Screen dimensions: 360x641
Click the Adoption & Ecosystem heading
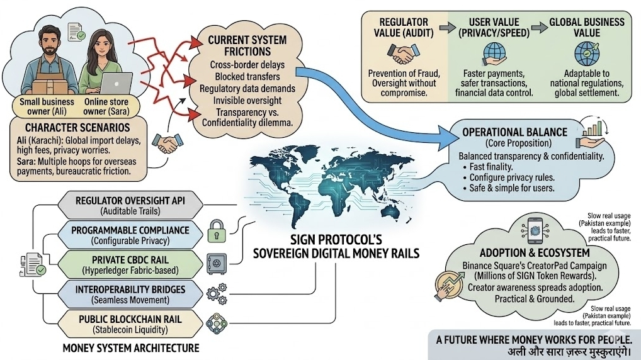(x=526, y=252)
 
